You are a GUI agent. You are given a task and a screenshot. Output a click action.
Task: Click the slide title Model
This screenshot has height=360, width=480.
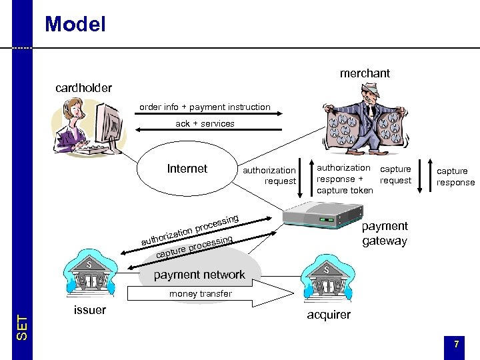(x=75, y=25)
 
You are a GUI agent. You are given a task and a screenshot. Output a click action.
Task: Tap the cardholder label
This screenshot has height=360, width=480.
(x=83, y=87)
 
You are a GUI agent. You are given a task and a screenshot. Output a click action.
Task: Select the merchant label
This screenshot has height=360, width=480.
(x=365, y=73)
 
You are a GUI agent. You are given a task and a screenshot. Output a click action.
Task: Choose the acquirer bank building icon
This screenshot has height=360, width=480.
(x=327, y=281)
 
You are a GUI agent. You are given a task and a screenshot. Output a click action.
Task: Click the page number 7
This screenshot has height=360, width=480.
(x=456, y=344)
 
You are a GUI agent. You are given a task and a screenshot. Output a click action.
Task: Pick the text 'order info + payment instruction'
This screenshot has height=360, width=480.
(x=205, y=107)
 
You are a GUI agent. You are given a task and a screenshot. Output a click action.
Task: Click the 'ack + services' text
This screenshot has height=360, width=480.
(x=205, y=123)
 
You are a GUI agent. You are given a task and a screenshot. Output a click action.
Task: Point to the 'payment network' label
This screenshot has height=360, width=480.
(x=199, y=275)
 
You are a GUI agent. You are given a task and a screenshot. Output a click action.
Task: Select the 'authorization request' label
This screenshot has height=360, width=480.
(x=270, y=175)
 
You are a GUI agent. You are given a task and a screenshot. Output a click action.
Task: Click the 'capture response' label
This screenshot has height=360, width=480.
(x=455, y=177)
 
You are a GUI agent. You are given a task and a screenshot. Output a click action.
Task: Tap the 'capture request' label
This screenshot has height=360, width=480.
(x=395, y=174)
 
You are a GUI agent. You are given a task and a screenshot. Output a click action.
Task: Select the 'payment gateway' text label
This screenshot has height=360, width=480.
(x=384, y=233)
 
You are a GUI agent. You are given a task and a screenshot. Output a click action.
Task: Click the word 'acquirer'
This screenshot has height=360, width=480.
(x=328, y=315)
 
